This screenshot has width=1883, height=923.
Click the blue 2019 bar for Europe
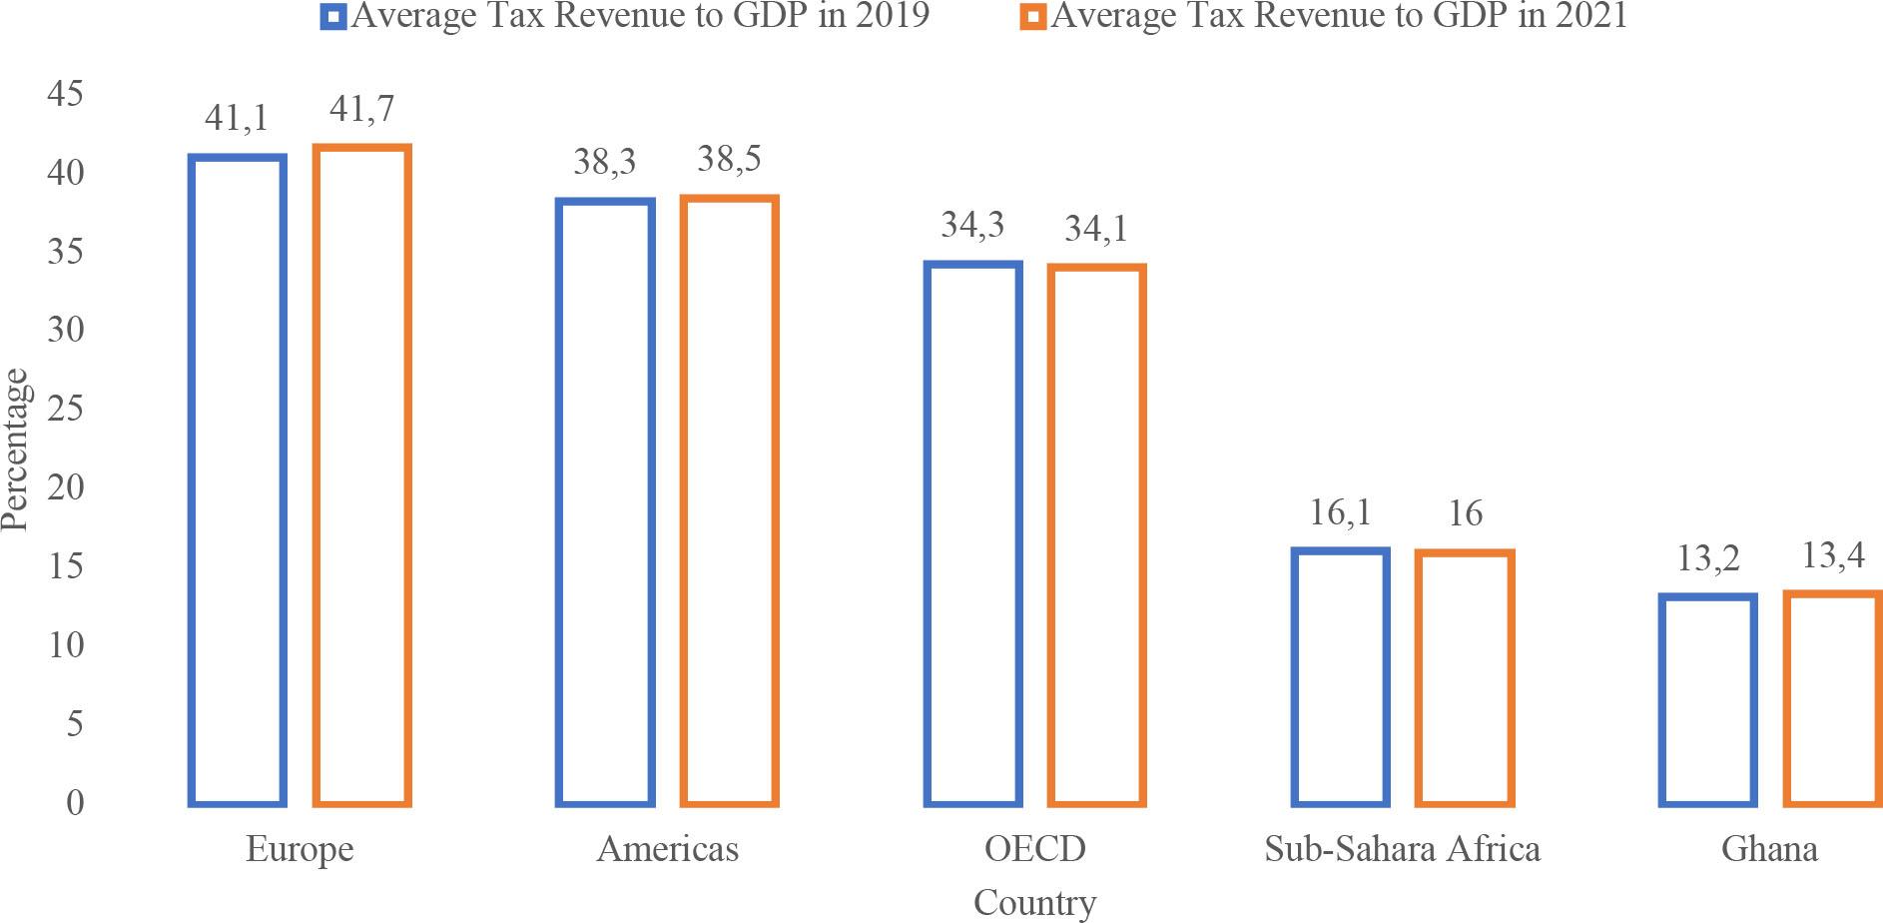coord(238,479)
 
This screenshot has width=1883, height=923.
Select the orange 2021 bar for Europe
coord(361,475)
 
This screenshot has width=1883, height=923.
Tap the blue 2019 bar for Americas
coord(605,501)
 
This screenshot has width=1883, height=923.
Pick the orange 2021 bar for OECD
coord(1096,535)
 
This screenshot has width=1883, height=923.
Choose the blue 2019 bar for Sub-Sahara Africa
coord(1340,677)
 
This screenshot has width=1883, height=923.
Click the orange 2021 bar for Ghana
coord(1833,698)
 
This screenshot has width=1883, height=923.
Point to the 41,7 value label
coord(361,109)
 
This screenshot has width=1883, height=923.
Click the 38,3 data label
coord(604,162)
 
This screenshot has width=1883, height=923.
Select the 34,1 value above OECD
coord(1096,229)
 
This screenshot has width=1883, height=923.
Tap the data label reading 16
coord(1465,513)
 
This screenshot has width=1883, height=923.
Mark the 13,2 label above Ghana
coord(1708,558)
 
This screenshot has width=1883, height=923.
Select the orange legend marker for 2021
coord(1034,17)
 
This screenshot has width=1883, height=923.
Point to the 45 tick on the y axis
coord(66,94)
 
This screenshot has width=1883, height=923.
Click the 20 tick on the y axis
coord(66,487)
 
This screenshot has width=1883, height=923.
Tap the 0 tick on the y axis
coord(75,802)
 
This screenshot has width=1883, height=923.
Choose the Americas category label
coord(667,849)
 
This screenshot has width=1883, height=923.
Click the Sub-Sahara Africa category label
coord(1402,849)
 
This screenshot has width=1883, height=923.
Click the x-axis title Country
coord(1034,903)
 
